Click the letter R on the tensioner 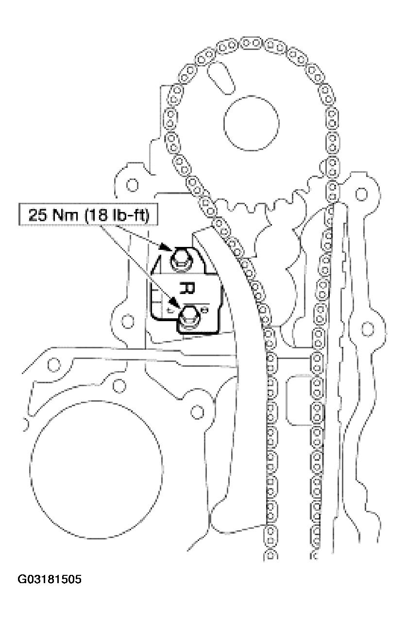tap(187, 288)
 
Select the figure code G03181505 tap(50, 579)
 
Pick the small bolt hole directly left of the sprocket tap(132, 185)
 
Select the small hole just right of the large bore tap(197, 412)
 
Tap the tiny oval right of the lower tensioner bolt tap(204, 309)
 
